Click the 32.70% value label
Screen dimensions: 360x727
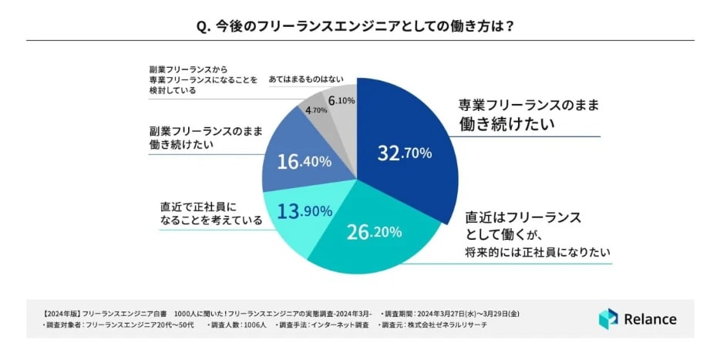[404, 153]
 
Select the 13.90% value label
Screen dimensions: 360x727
[305, 211]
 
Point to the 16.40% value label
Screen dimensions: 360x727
[304, 161]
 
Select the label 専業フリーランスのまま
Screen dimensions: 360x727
[529, 105]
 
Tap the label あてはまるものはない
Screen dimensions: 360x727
[306, 79]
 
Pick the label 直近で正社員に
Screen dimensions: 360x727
[190, 206]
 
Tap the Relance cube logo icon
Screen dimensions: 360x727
[608, 318]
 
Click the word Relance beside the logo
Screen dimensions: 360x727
[651, 319]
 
